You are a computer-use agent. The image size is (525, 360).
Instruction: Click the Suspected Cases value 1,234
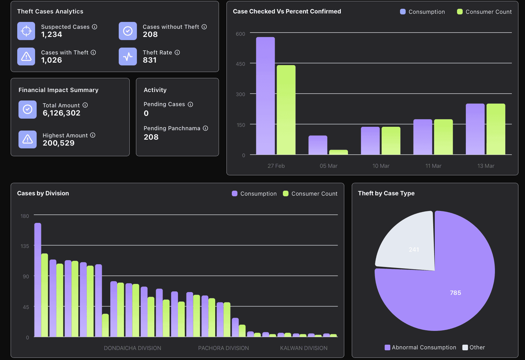pos(52,34)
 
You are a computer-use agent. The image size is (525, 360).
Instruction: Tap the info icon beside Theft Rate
pos(177,53)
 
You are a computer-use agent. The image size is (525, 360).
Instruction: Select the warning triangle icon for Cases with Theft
pos(26,56)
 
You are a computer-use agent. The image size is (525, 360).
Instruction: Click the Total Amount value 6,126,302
pos(61,113)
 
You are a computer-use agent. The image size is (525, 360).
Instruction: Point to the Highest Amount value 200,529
pos(59,143)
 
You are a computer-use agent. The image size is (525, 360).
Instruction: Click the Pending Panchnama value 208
pos(151,137)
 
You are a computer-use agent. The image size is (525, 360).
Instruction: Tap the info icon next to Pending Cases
pos(190,104)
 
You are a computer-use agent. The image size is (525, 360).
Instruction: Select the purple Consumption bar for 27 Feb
pos(265,96)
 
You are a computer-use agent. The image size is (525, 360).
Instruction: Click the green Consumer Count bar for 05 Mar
pos(338,152)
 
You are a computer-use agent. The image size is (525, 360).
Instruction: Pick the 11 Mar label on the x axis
pos(433,166)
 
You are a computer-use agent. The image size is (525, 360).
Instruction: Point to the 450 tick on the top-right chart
pos(241,64)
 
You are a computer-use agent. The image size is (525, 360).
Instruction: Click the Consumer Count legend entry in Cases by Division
pos(310,194)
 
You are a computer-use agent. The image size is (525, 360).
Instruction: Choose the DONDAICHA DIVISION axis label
pos(133,348)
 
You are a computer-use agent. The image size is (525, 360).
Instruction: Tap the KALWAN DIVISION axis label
pos(304,348)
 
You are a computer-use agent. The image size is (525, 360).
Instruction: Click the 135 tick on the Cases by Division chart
pos(25,246)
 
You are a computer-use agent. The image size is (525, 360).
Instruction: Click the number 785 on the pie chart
pos(455,293)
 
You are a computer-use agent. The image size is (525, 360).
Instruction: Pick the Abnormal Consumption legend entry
pos(420,347)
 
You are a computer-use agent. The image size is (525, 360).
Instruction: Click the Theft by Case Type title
pos(386,193)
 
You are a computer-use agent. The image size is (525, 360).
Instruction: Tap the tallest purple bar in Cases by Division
pos(38,280)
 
